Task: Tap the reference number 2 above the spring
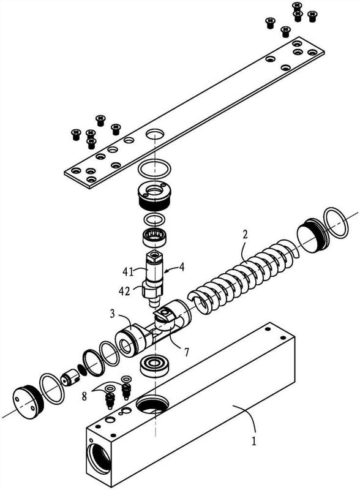[246, 235]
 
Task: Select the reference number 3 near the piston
[113, 314]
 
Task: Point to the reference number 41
[128, 272]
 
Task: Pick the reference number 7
[186, 352]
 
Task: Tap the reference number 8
[84, 396]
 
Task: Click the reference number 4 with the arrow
[182, 268]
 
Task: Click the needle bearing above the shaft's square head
[155, 238]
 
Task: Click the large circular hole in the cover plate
[155, 135]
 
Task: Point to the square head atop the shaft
[155, 257]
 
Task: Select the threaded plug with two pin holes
[154, 195]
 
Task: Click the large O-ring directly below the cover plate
[155, 168]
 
